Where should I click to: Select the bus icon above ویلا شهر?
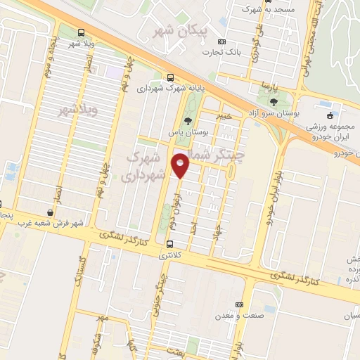(82, 32)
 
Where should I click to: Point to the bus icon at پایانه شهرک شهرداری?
(171, 77)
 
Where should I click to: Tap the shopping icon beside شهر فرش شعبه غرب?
(50, 212)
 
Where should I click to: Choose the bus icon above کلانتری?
(169, 244)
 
